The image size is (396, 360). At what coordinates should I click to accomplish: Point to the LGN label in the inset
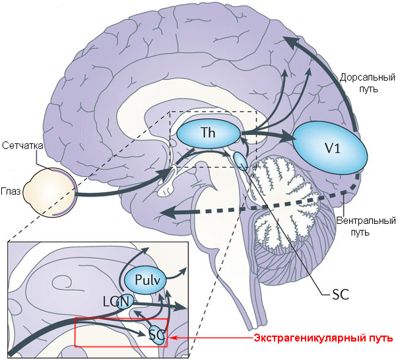(115, 301)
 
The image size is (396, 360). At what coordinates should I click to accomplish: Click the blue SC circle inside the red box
(156, 334)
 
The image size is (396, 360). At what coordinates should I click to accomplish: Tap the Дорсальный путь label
(360, 83)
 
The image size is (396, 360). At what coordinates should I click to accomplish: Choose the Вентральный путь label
(358, 226)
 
